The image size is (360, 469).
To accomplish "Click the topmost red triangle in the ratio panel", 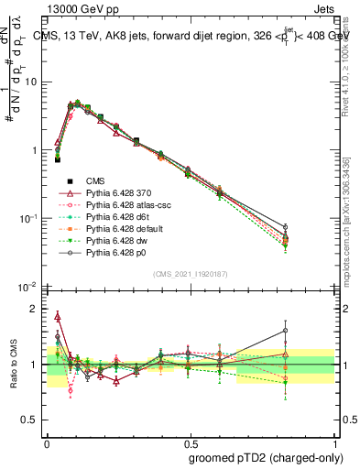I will pyautogui.click(x=59, y=317).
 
